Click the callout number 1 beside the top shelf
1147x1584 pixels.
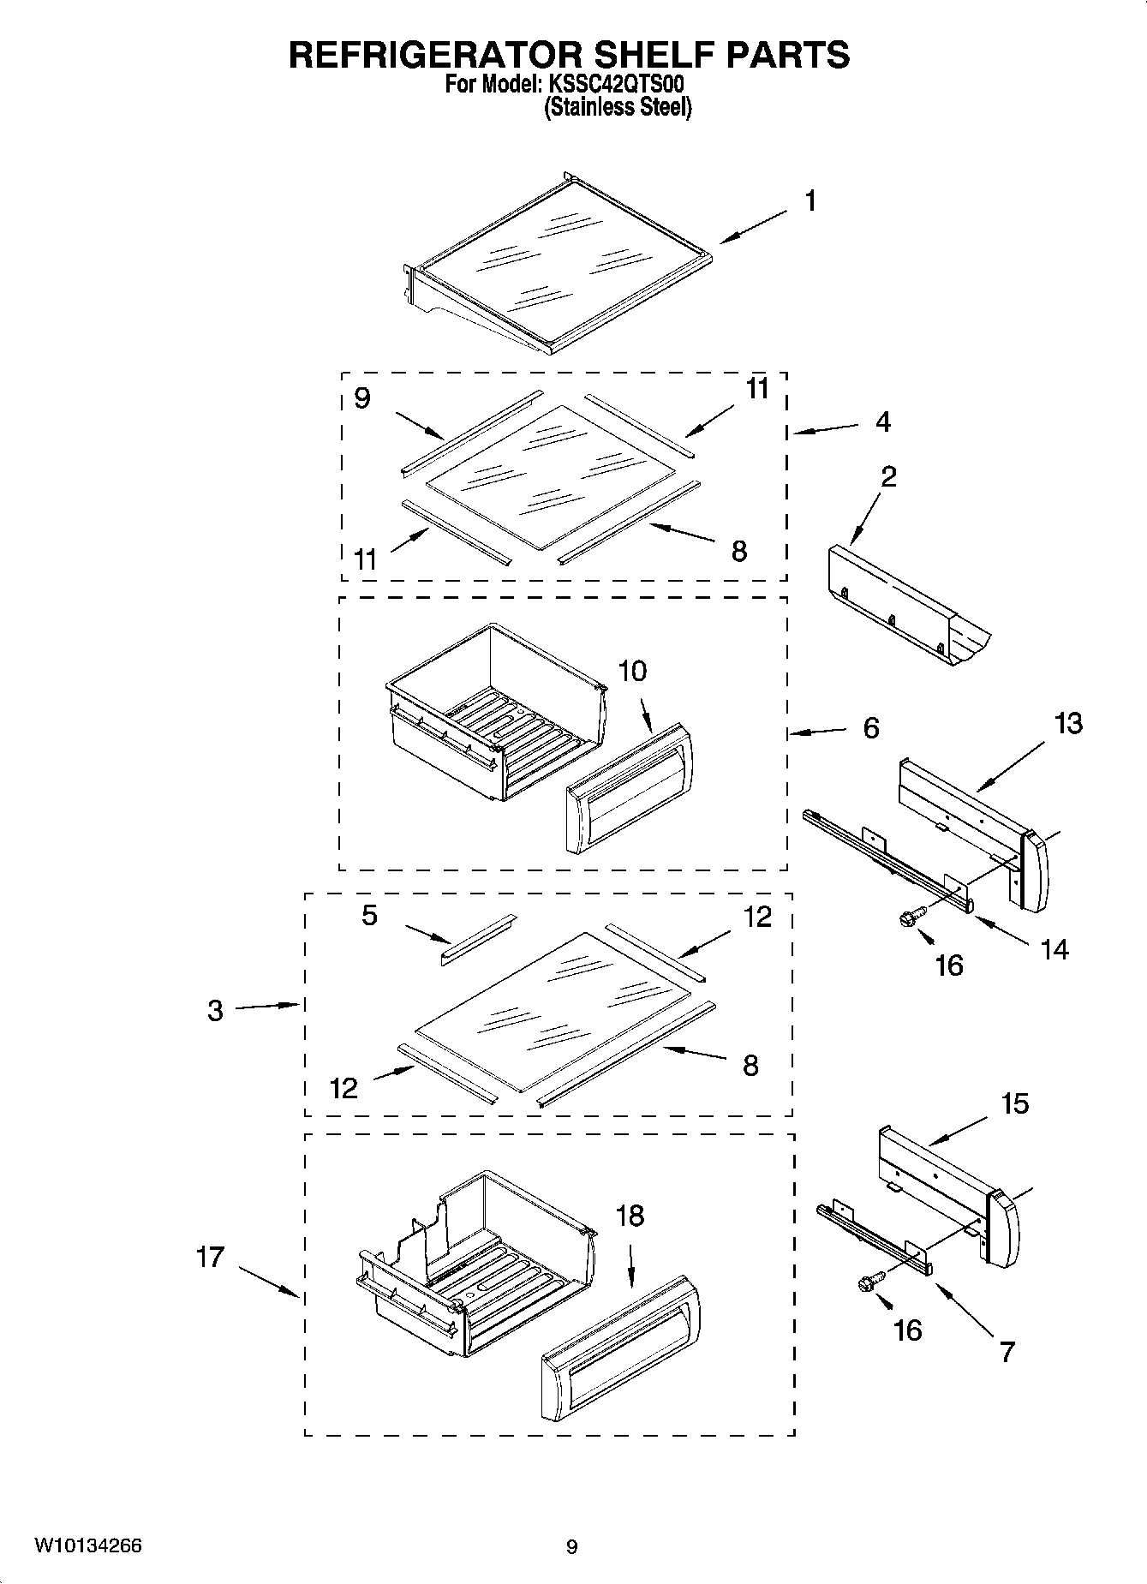point(809,201)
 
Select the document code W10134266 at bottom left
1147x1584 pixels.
point(88,1546)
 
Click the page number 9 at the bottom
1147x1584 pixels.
point(572,1547)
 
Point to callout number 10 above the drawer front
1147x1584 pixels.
point(632,672)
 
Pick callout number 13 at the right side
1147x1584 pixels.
point(1067,723)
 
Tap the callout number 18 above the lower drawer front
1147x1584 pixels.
point(630,1216)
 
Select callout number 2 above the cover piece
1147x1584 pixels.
point(888,476)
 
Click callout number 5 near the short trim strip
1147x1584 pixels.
point(369,916)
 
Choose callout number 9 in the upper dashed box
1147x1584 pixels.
point(362,398)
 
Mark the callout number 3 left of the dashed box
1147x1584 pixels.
point(215,1011)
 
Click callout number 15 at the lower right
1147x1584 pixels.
point(1014,1103)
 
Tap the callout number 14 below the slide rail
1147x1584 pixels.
point(1054,949)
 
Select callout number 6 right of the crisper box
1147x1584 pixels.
point(870,728)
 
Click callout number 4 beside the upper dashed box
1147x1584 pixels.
point(882,421)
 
